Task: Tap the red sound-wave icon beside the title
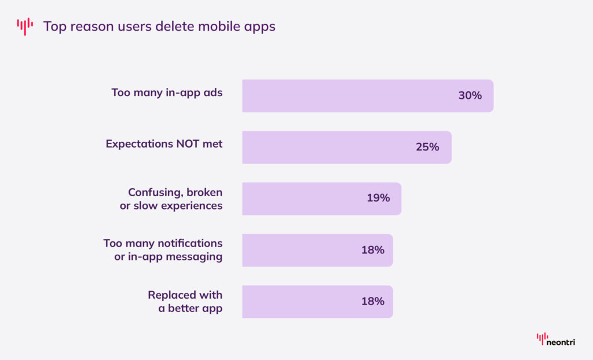coord(25,26)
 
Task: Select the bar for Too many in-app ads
coord(347,96)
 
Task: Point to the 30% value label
coord(470,96)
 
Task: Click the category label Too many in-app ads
coord(167,93)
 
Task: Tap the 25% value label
coord(427,148)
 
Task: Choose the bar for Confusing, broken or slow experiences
coord(301,199)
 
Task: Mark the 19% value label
coord(378,199)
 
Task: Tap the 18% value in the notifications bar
coord(373,250)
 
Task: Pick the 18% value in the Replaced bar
coord(373,302)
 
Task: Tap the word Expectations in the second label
coord(139,144)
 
